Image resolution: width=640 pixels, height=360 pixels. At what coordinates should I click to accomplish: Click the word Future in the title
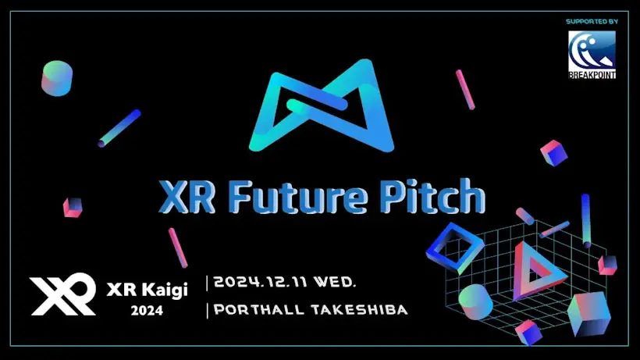(x=297, y=198)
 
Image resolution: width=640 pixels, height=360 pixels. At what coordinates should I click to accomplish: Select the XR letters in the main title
(x=187, y=197)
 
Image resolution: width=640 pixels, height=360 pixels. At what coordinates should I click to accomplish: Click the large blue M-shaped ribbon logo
(x=322, y=105)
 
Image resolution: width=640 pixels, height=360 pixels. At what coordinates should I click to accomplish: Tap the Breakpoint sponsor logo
(x=592, y=55)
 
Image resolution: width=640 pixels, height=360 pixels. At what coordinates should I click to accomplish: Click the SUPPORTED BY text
(x=592, y=21)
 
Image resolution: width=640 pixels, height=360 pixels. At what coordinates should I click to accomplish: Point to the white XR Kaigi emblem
(x=63, y=294)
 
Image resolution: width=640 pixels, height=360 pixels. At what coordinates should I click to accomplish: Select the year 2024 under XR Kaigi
(x=147, y=311)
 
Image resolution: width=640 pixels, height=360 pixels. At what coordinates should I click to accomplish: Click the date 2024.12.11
(x=261, y=282)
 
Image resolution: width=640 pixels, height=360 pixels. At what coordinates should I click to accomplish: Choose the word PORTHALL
(x=259, y=309)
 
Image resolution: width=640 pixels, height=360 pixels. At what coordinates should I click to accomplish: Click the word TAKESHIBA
(x=359, y=309)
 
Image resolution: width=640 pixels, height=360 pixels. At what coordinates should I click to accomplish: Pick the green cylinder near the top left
(x=57, y=78)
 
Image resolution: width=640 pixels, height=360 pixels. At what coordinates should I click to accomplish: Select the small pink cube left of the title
(x=73, y=208)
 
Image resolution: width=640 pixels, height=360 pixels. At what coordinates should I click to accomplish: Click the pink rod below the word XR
(x=178, y=248)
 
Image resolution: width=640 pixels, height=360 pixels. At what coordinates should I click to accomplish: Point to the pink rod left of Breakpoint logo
(x=465, y=90)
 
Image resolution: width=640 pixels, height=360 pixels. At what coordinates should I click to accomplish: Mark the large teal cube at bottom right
(x=589, y=314)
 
